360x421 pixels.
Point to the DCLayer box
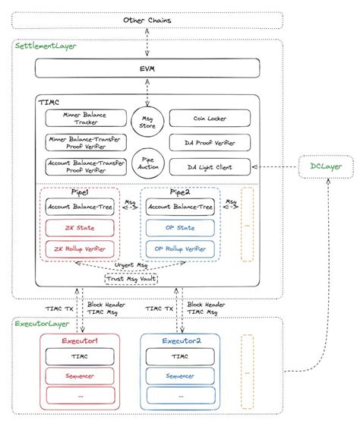coord(324,165)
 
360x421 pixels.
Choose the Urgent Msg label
coord(130,266)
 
